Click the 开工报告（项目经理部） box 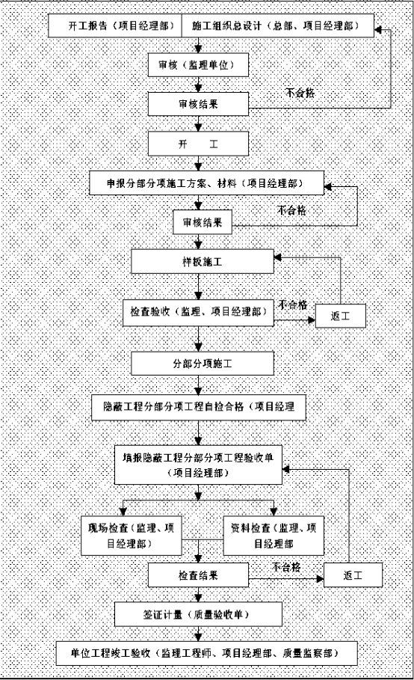tap(115, 25)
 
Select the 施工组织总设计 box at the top tap(277, 25)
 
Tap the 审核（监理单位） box tap(198, 65)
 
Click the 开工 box tap(198, 144)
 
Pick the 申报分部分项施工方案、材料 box tap(207, 183)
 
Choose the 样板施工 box tap(203, 262)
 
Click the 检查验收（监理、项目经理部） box tap(198, 312)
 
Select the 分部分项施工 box tap(203, 364)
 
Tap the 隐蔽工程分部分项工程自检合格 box tap(199, 407)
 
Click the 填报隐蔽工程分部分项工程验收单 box tap(198, 465)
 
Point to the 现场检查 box tap(132, 536)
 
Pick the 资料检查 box tap(274, 536)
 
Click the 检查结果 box tap(198, 575)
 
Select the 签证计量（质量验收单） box tap(198, 614)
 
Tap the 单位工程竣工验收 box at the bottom tap(207, 653)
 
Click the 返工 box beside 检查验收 tap(340, 316)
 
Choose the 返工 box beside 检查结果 tap(353, 575)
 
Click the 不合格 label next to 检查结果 tap(286, 567)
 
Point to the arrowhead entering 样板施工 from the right tap(278, 257)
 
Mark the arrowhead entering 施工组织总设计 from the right tap(378, 30)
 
